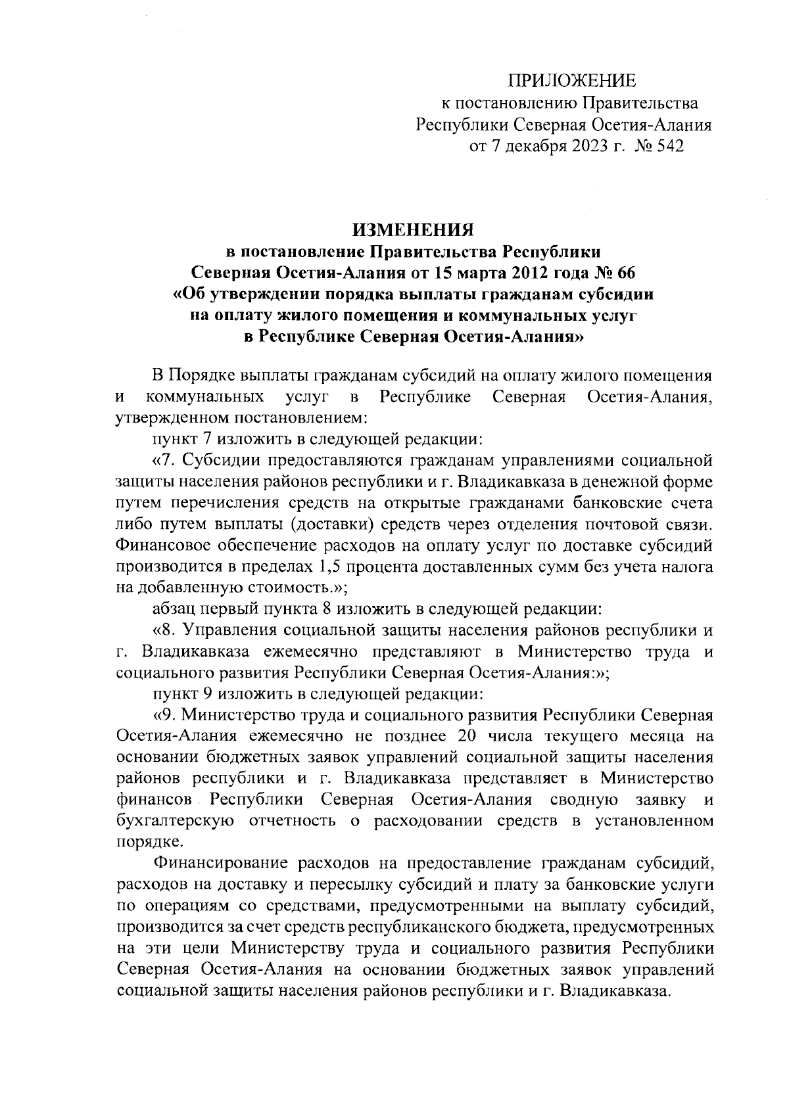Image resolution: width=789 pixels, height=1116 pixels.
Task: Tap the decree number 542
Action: pos(670,146)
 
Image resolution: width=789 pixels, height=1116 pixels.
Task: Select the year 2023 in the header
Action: pos(581,146)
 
